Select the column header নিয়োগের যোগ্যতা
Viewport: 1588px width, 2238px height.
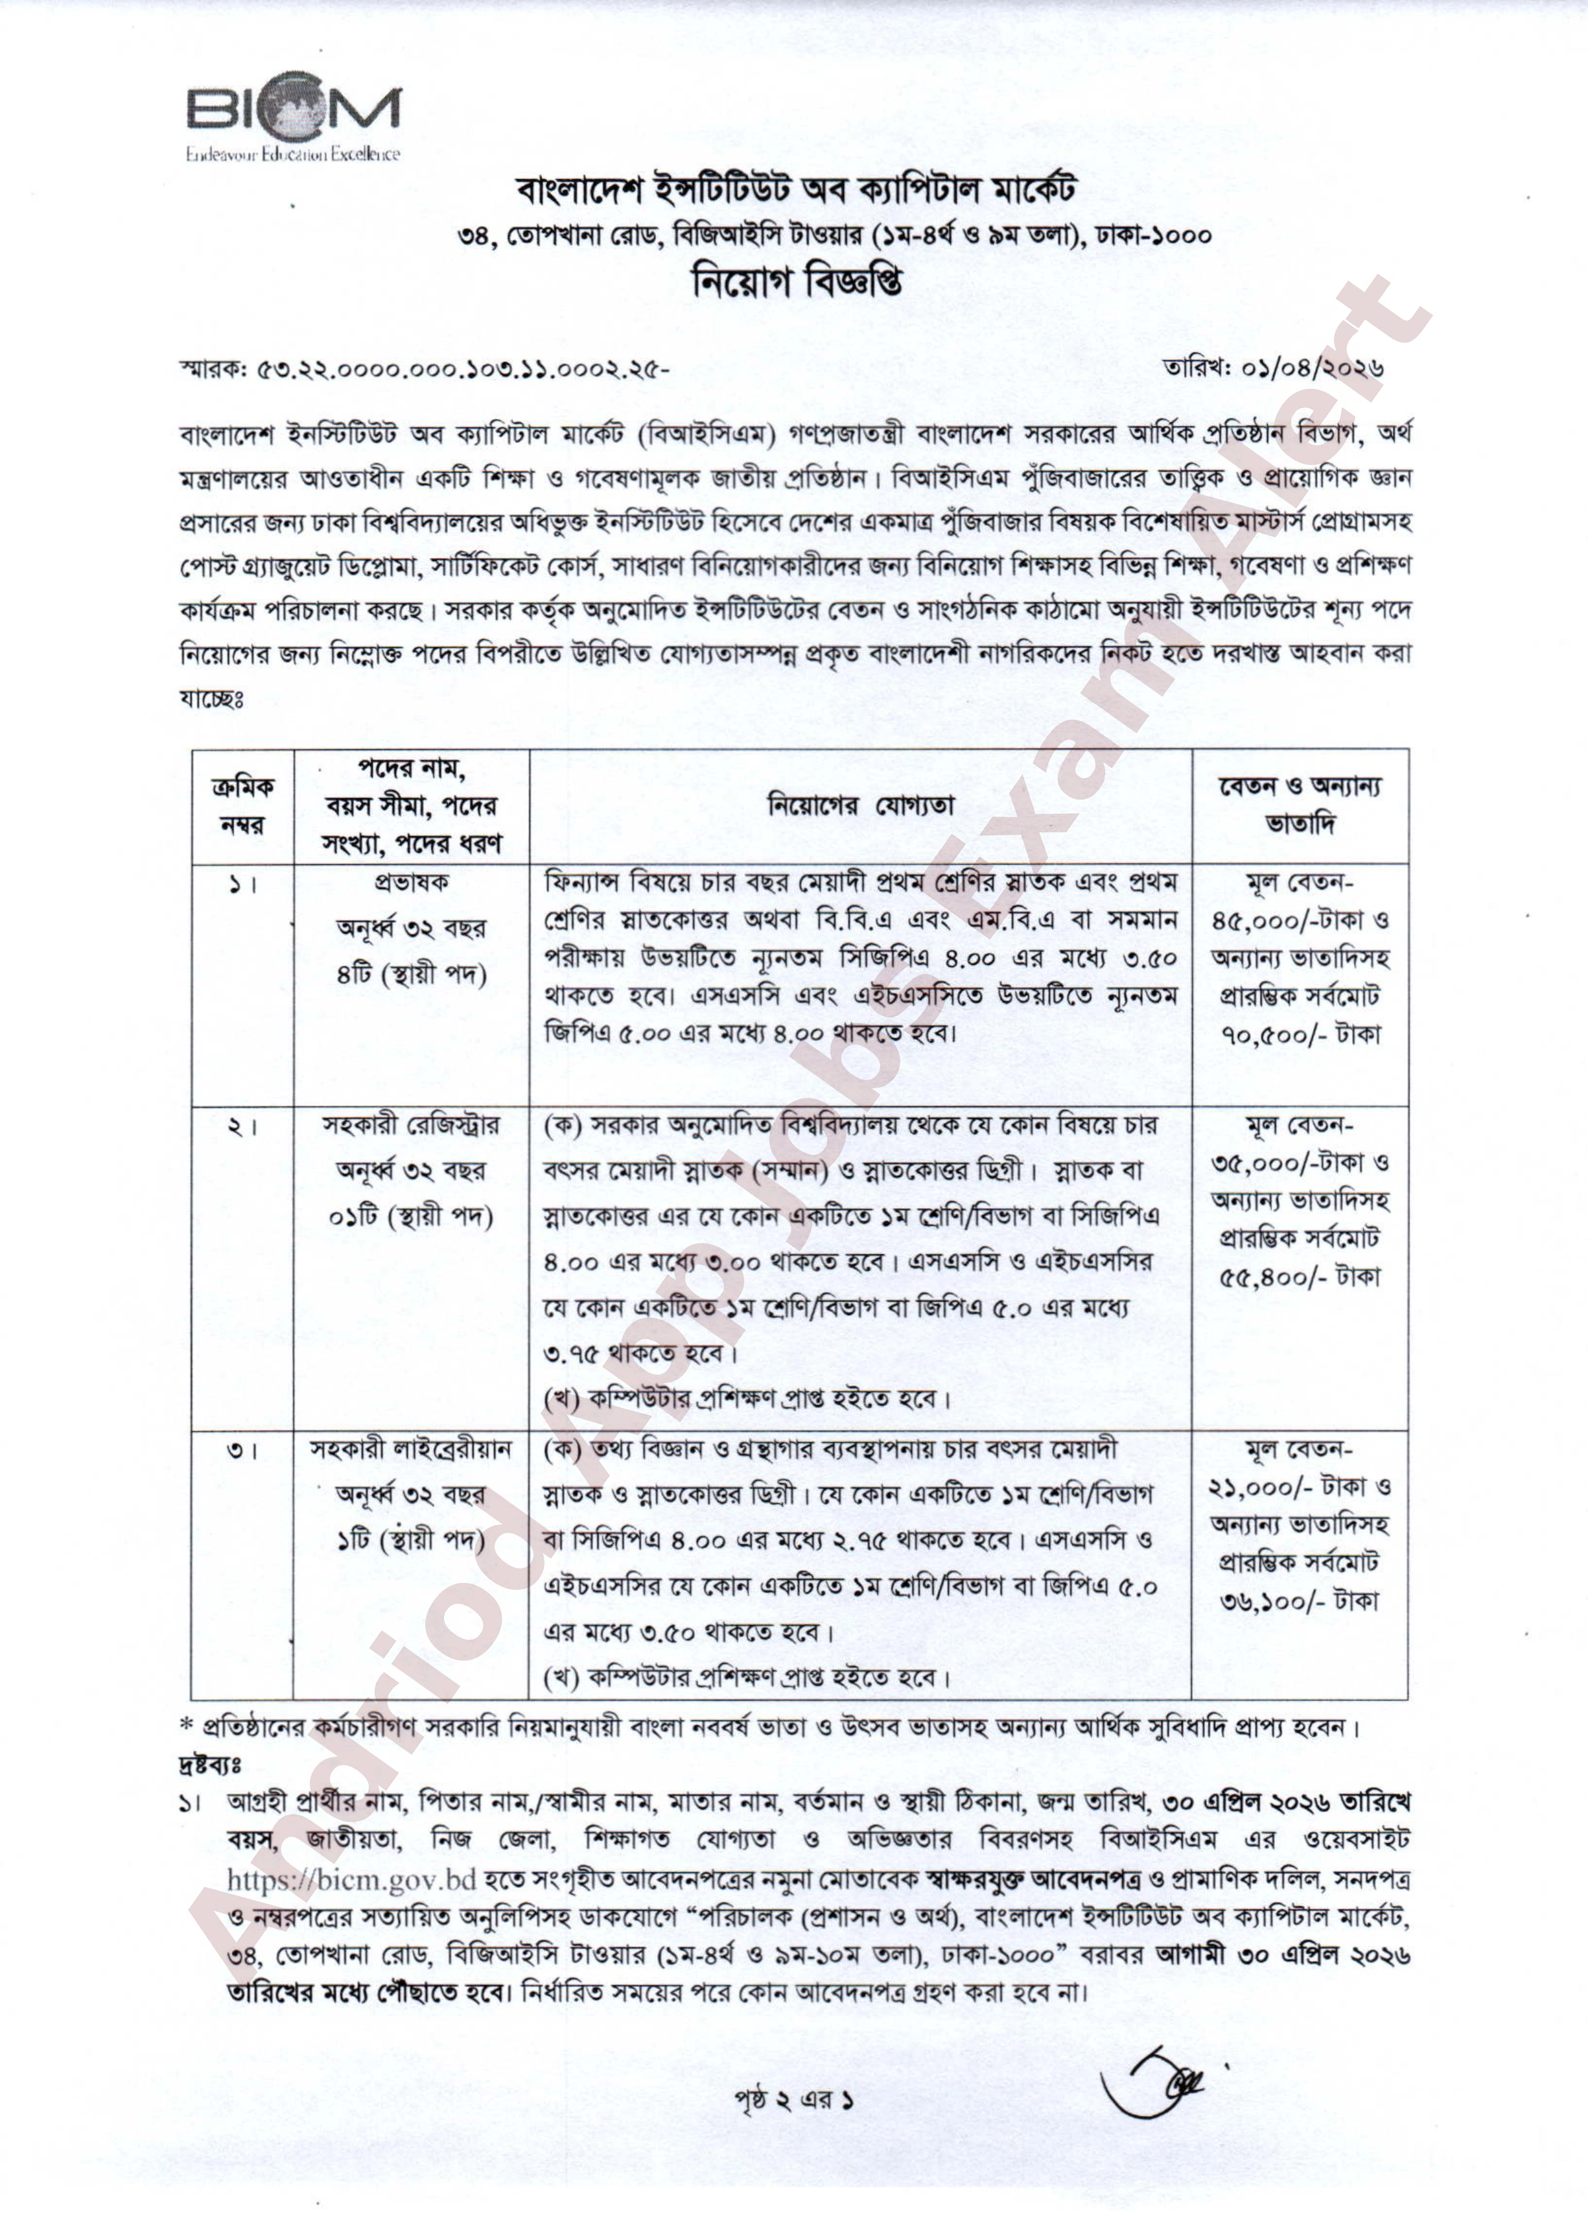861,806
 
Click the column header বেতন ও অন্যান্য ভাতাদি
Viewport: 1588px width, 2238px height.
1298,805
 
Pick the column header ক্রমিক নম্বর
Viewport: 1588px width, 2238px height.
242,806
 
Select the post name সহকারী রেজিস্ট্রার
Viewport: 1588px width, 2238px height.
412,1125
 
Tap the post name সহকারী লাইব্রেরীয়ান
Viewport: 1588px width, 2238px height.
412,1449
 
